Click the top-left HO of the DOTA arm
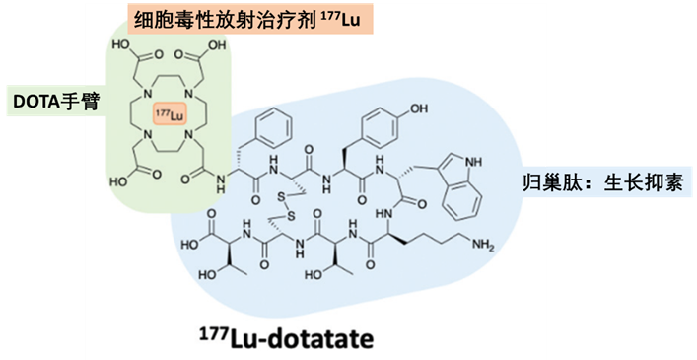tap(125, 44)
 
